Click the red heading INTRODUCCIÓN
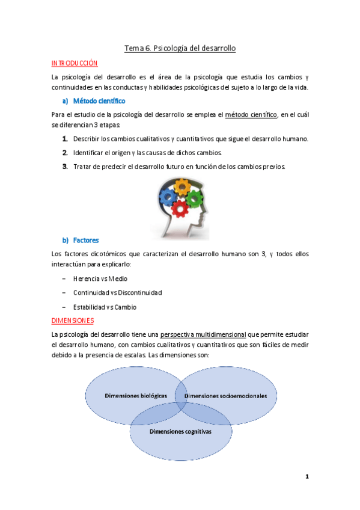75,63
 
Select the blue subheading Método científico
99,100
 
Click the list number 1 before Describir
64,139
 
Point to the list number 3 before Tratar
64,167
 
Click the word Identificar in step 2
93,153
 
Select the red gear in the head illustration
180,208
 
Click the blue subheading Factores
86,240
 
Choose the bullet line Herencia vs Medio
100,278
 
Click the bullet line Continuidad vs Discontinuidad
117,292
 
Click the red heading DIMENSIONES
73,321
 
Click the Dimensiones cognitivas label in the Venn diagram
180,431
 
